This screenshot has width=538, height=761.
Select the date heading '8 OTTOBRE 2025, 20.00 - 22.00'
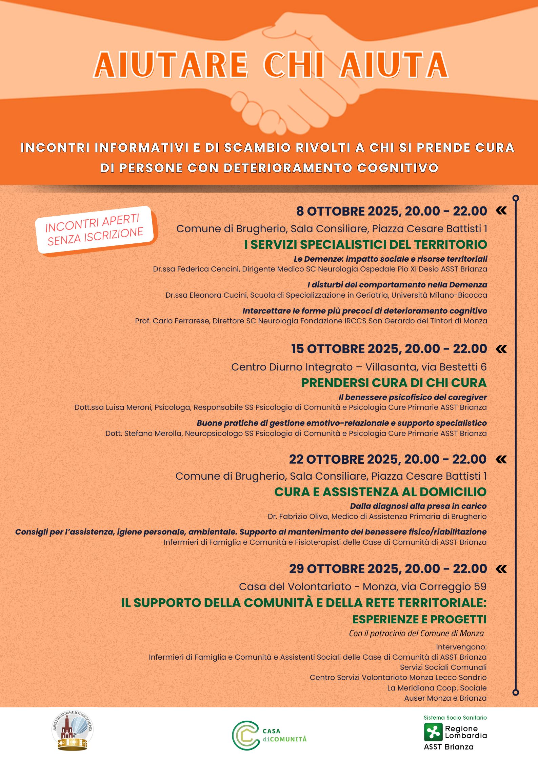click(392, 211)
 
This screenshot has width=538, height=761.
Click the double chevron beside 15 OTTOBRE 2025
click(501, 349)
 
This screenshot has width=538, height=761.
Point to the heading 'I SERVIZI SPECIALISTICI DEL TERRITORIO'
click(365, 244)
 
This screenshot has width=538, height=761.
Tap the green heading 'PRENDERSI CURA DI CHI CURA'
click(394, 383)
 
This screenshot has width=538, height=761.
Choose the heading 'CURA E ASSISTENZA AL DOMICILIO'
click(380, 492)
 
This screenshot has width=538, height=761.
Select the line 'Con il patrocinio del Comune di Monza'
click(416, 633)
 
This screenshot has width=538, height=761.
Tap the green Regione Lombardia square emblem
click(433, 732)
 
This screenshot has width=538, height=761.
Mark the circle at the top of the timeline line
click(516, 198)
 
